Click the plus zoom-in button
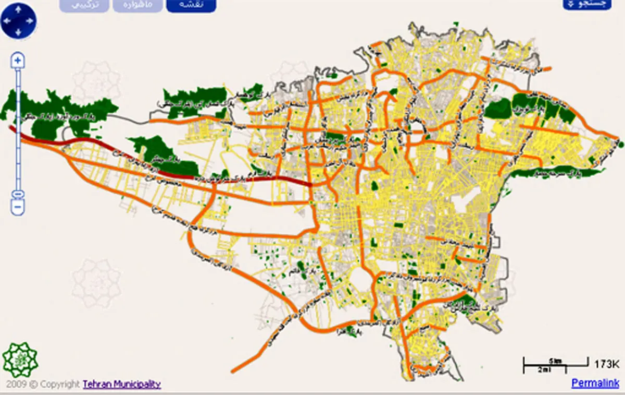pos(18,61)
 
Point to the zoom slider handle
pos(18,194)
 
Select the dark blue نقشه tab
pos(191,4)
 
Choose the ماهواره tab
pos(137,4)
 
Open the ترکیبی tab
pos(84,4)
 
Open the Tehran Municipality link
pos(122,385)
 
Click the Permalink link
pos(596,383)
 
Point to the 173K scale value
pos(606,364)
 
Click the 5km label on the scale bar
pos(555,361)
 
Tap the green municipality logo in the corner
pos(20,360)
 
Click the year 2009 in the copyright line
pos(14,385)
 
